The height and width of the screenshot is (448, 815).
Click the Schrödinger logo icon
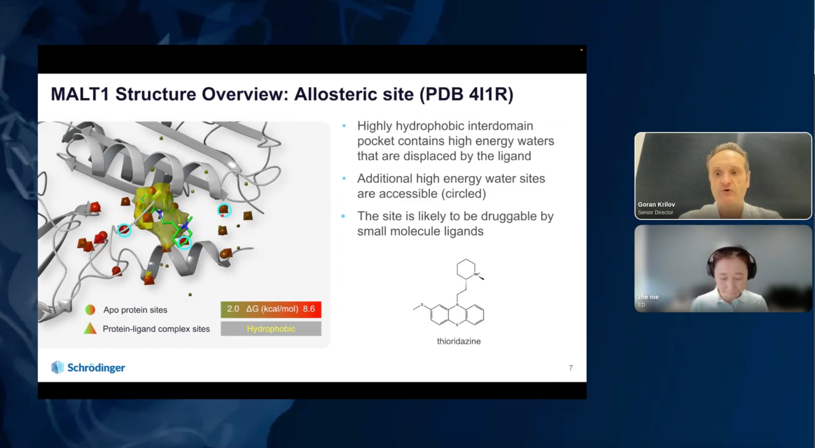tap(58, 368)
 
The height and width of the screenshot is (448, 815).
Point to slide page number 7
tap(571, 368)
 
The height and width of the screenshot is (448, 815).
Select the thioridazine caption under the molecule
tap(459, 341)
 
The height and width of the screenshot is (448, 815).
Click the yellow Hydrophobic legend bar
tap(271, 329)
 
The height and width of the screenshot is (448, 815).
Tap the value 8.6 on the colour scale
tap(309, 309)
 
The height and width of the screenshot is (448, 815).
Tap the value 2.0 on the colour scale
tap(233, 309)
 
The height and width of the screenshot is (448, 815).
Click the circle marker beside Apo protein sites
tap(90, 310)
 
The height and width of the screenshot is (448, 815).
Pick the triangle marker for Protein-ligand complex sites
tap(90, 328)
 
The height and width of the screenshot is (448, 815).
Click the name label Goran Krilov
tap(656, 204)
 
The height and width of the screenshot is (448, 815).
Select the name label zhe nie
tap(648, 297)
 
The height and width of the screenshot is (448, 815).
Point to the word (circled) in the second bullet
tap(464, 194)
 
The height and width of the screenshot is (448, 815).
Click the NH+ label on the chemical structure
tap(476, 274)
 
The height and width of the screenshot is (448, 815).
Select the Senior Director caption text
tap(655, 212)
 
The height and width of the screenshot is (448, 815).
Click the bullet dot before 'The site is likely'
tap(343, 216)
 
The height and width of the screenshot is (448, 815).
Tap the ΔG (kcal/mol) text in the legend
tap(272, 309)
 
